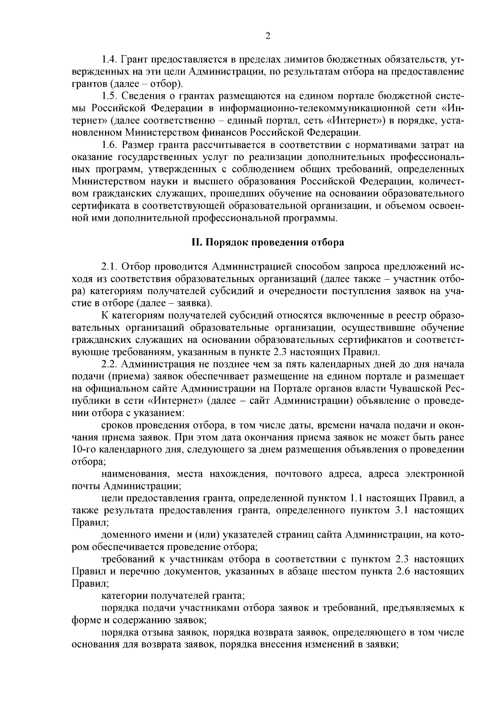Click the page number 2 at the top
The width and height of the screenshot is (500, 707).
click(x=268, y=36)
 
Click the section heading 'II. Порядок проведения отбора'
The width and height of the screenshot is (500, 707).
click(x=267, y=243)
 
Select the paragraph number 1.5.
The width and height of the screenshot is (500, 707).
click(x=110, y=97)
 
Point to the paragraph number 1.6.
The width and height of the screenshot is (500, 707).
click(x=110, y=145)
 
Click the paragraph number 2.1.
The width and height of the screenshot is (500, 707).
click(x=110, y=267)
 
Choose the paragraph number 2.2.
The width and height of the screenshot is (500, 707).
click(x=110, y=364)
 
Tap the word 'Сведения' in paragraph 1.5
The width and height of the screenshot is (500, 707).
click(x=142, y=97)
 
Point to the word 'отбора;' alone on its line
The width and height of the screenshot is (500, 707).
click(x=86, y=462)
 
